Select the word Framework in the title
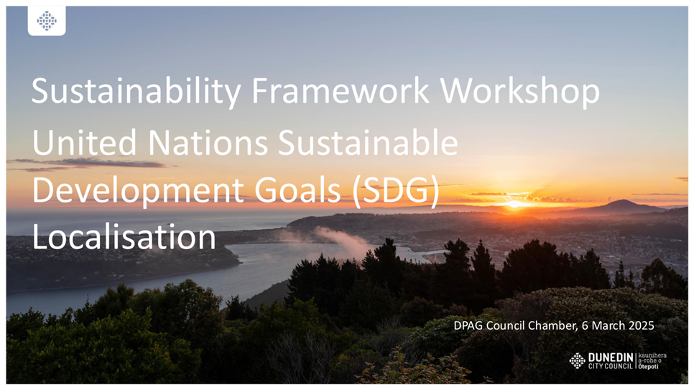pos(341,90)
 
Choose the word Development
pos(138,191)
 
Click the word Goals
pos(297,190)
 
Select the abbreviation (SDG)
pos(396,191)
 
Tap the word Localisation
pos(124,237)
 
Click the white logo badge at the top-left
pos(47,20)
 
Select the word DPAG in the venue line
pos(468,326)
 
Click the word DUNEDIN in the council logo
pos(611,357)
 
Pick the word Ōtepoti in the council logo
pos(649,366)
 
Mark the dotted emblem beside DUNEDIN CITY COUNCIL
pos(577,361)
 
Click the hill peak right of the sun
pos(623,200)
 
